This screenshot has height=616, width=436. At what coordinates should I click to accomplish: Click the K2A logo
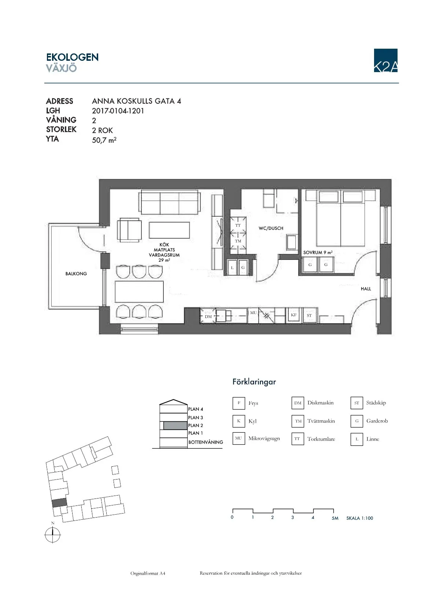click(385, 60)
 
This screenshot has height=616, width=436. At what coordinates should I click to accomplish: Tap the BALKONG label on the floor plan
click(76, 274)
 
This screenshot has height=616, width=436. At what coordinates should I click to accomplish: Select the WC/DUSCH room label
click(271, 228)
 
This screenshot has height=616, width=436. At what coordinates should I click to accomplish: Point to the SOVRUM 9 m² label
click(318, 253)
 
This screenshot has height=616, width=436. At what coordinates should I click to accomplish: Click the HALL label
click(366, 289)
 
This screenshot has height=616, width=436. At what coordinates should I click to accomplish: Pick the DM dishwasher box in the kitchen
click(208, 316)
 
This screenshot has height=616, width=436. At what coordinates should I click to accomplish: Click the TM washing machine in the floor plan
click(238, 241)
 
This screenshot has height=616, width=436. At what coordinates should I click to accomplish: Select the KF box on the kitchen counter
click(294, 315)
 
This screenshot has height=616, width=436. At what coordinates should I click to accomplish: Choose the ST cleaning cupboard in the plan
click(309, 315)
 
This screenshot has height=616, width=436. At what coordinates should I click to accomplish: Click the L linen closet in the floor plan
click(232, 267)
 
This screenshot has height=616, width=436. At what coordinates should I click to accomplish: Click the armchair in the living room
click(129, 230)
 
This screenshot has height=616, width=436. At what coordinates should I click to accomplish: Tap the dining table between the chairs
click(139, 291)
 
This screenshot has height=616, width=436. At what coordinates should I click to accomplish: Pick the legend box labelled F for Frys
click(239, 403)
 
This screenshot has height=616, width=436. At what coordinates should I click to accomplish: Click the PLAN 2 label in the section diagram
click(195, 425)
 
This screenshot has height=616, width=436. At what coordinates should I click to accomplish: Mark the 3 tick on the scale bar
click(293, 517)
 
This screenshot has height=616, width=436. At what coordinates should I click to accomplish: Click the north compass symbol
click(52, 535)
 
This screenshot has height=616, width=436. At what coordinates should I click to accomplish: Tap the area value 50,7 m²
click(104, 140)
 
